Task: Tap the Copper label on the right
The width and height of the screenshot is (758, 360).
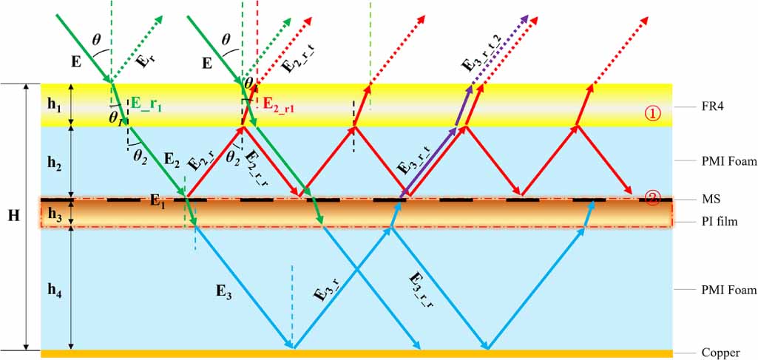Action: coord(720,353)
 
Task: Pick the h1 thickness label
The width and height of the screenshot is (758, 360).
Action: coord(55,105)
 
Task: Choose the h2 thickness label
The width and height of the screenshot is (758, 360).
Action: coord(55,162)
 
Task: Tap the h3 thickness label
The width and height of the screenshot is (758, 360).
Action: coord(55,213)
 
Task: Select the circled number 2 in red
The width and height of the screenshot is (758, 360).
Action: coord(652,198)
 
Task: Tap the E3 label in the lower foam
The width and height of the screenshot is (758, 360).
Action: coord(224,291)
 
